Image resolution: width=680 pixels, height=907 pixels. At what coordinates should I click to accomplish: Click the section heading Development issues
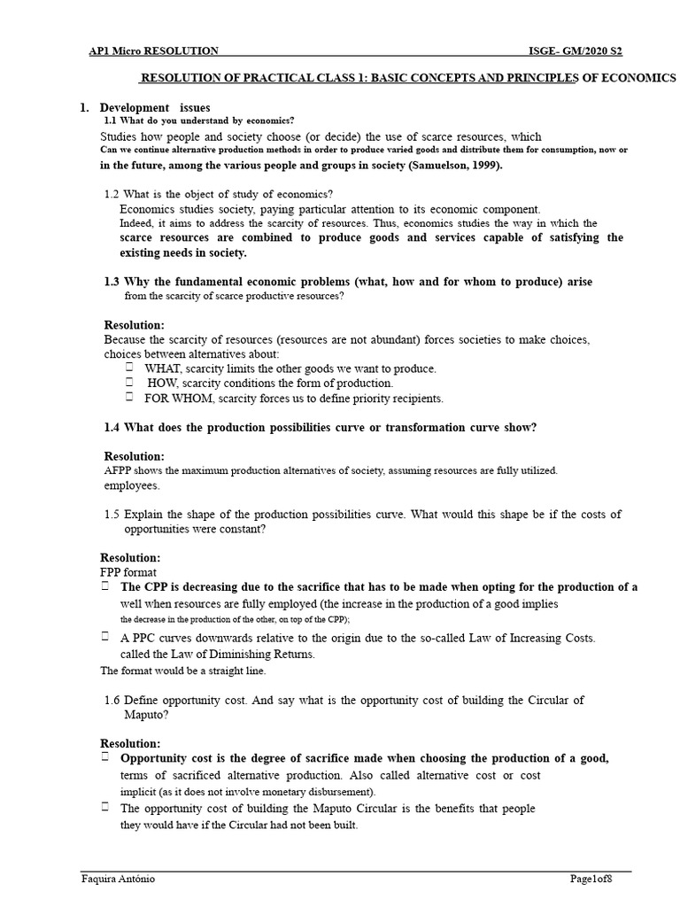154,107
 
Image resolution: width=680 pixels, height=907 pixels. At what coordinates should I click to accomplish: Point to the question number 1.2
112,194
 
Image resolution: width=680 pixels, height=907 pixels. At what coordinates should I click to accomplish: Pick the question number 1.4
112,428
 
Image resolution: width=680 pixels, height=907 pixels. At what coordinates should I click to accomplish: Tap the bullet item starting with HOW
269,384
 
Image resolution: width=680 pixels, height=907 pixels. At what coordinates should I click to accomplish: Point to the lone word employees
132,485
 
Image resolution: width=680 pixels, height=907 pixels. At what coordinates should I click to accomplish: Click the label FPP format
129,573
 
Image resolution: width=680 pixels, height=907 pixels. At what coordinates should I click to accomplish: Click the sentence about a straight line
170,671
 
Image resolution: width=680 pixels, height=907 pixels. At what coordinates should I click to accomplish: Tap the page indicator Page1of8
590,879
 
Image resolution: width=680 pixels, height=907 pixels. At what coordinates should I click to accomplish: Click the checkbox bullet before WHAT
129,368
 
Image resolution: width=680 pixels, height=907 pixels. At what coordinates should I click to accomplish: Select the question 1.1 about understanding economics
199,120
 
